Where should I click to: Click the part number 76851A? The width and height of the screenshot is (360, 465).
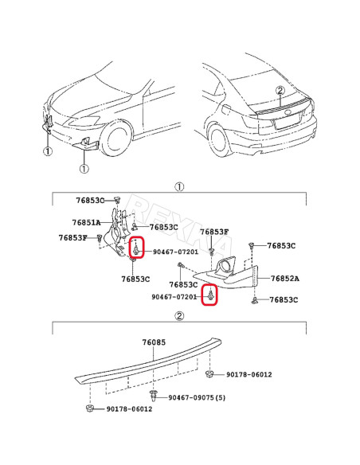[x=86, y=223]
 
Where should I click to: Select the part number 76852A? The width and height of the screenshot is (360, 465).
[x=284, y=279]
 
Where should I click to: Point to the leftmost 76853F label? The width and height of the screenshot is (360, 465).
[x=74, y=237]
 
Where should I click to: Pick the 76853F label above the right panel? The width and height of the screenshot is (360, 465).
[x=214, y=232]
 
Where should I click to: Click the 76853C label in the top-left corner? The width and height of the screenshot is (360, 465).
[x=90, y=200]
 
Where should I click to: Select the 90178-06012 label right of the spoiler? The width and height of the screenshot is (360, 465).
[x=249, y=374]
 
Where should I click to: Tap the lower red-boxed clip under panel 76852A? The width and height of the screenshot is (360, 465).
[x=210, y=295]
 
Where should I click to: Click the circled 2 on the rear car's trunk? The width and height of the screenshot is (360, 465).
[x=280, y=91]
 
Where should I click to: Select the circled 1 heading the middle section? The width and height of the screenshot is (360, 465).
[x=180, y=186]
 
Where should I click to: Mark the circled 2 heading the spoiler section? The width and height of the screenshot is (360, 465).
[x=180, y=316]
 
